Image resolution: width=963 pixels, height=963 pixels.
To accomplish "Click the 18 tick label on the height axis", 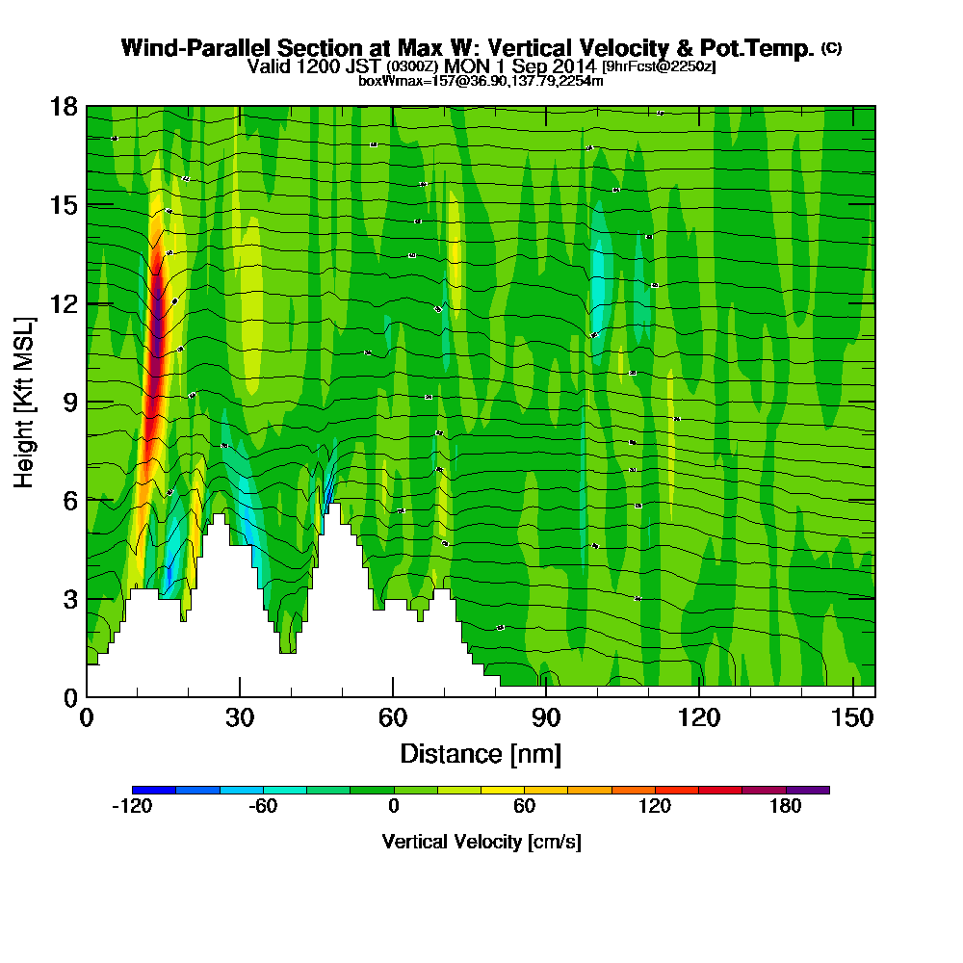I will click(x=64, y=107).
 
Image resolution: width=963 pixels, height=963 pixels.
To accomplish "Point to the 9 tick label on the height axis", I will click(x=69, y=402).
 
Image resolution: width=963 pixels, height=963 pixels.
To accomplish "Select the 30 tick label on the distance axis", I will click(x=240, y=716).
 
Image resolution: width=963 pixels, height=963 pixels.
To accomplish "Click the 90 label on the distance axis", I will click(x=546, y=716).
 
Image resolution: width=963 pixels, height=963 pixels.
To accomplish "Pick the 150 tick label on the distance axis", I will click(x=853, y=716).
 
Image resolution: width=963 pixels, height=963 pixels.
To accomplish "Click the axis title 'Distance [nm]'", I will click(x=481, y=752).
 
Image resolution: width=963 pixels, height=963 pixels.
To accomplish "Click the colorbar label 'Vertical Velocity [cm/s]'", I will click(x=481, y=842).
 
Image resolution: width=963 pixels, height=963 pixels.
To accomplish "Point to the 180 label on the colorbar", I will click(x=786, y=807).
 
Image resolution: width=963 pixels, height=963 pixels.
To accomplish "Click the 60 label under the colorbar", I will click(x=525, y=807).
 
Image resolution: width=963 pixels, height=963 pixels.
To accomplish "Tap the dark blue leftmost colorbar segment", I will click(x=154, y=790).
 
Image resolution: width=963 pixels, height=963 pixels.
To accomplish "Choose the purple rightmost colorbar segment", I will click(x=807, y=790).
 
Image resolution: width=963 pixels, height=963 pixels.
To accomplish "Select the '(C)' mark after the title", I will click(x=831, y=47).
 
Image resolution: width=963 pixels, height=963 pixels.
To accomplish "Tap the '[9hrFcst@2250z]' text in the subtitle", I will click(x=659, y=67).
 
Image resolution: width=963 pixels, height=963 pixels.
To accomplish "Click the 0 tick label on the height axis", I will click(x=69, y=696).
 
